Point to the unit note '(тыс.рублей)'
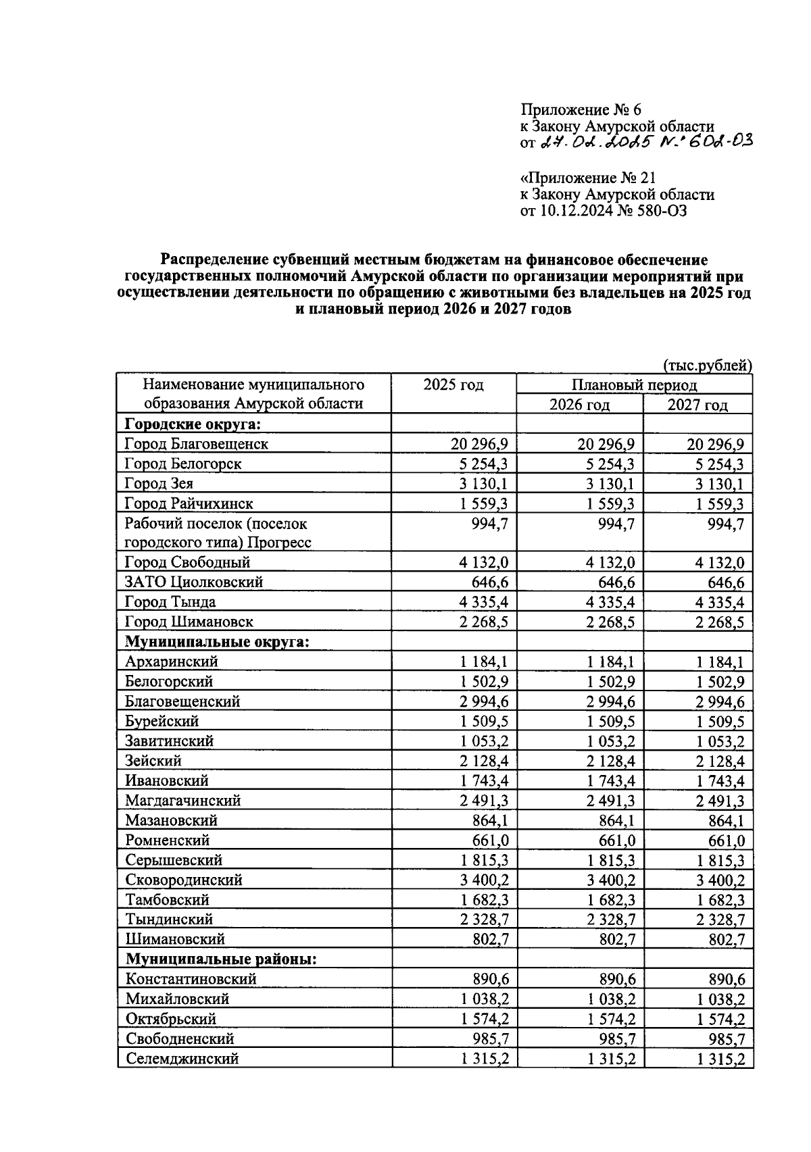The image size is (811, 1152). point(707,366)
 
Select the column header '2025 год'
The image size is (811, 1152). point(453,385)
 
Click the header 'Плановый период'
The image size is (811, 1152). point(633,385)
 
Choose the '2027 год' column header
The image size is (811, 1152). point(697,405)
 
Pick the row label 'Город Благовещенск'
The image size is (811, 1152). point(197,444)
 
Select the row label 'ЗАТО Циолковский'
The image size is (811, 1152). point(194,582)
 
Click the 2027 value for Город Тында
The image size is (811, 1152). point(720,602)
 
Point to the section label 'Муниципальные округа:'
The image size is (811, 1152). point(217,641)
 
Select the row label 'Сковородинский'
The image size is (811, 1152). point(184,880)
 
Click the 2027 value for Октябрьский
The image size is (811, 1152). point(720,1019)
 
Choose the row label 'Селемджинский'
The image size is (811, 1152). point(182,1059)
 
